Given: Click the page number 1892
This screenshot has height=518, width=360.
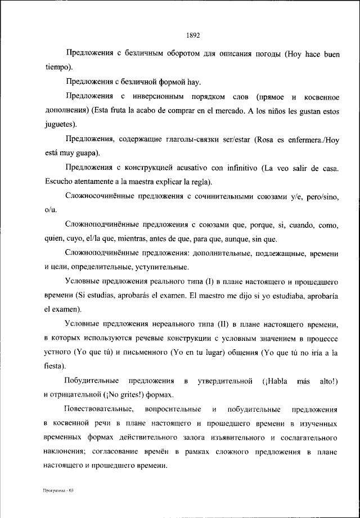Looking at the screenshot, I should click(193, 35).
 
